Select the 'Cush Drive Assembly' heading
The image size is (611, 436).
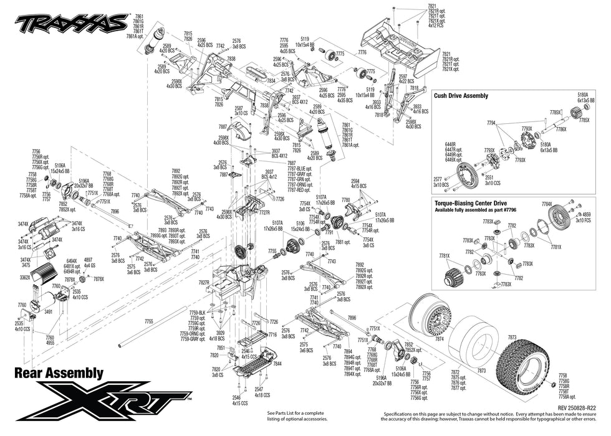(461, 96)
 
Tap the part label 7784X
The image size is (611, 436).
(547, 204)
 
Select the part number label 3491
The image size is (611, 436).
(48, 311)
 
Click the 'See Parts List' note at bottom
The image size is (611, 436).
(295, 415)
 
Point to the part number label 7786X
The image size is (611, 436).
(561, 130)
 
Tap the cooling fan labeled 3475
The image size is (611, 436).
(49, 253)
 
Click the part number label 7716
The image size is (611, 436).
(272, 334)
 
